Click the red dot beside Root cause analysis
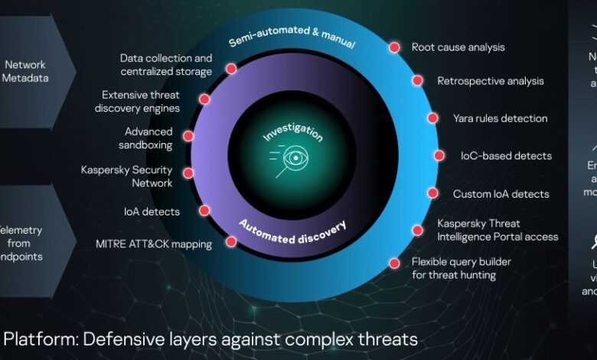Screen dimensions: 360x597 394,47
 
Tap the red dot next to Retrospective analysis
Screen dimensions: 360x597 418,80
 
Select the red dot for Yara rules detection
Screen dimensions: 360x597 433,118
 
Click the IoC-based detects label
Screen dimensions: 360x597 505,155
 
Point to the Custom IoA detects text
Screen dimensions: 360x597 501,194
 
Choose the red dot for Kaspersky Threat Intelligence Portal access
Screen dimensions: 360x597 418,230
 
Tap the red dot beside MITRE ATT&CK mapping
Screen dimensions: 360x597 230,242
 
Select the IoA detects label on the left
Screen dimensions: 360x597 152,211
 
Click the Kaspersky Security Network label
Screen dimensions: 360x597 126,176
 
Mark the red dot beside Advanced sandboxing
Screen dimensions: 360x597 188,136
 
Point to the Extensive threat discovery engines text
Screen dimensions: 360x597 141,101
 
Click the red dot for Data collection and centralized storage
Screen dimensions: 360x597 231,67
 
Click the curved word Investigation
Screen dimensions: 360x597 293,132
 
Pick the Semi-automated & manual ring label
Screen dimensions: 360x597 291,37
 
